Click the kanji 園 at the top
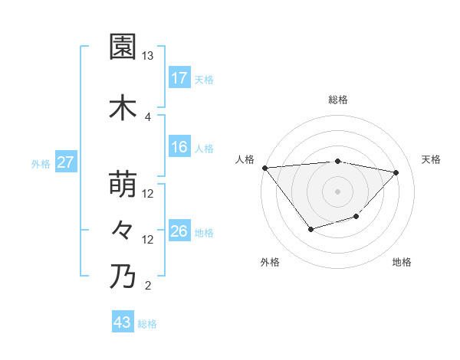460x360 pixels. [123, 47]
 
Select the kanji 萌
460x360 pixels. [123, 185]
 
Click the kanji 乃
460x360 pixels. [123, 277]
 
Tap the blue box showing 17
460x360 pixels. [179, 78]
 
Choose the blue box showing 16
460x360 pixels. [179, 147]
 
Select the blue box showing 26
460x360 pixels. [179, 231]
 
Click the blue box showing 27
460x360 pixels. [65, 162]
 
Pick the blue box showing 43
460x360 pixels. [123, 322]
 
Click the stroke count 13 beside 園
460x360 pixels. [147, 56]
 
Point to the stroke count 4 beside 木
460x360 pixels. [147, 116]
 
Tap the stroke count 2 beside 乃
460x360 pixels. [147, 286]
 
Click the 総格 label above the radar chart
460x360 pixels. [338, 100]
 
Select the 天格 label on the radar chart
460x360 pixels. [431, 159]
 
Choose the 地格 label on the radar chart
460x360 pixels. [402, 262]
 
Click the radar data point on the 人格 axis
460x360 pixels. [264, 168]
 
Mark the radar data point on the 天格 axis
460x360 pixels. [396, 172]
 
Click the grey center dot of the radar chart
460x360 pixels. [338, 191]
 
